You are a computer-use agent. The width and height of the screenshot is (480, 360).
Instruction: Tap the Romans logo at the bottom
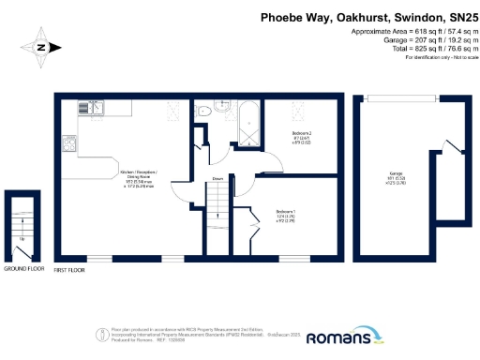click(344, 336)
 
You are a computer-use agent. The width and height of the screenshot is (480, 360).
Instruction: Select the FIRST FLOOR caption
click(69, 269)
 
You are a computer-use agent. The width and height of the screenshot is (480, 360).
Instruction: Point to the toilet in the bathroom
click(204, 110)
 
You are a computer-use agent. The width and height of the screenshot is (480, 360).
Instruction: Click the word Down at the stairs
click(217, 178)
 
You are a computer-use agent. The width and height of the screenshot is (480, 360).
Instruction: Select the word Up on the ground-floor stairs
click(22, 238)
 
